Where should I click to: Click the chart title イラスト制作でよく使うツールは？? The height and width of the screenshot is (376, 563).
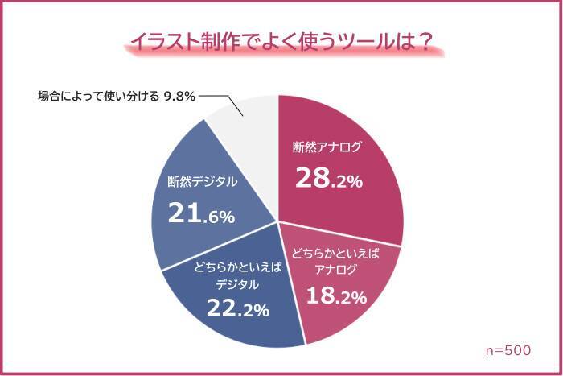[281, 41]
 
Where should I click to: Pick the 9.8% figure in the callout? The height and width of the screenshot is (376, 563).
[179, 96]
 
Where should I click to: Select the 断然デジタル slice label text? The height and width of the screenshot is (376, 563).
[202, 182]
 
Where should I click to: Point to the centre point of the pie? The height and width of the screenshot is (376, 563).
[277, 221]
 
